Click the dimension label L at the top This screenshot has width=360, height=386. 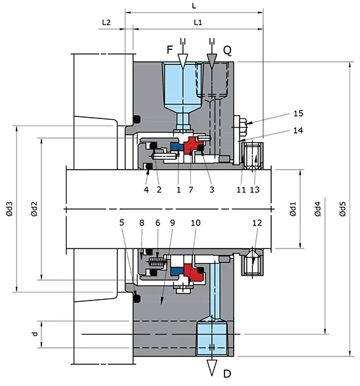point(193,5)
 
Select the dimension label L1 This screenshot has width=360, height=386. point(197,22)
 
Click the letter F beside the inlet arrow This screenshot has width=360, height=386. point(169,49)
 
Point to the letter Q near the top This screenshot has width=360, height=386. point(227,49)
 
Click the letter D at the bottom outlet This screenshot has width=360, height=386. point(227,375)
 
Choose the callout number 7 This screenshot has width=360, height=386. point(192,189)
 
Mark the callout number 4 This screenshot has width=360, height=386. point(146,189)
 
